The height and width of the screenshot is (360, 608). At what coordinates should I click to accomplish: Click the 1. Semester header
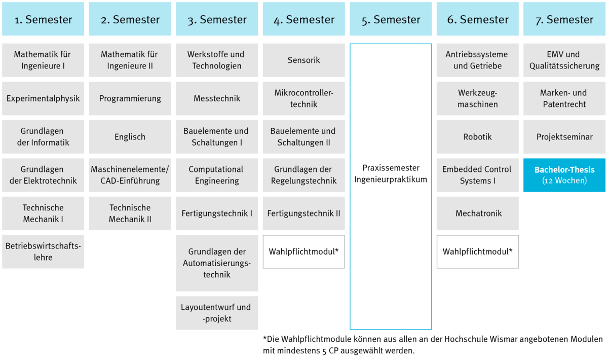point(43,19)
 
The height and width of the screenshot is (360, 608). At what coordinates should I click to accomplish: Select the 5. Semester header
point(391,19)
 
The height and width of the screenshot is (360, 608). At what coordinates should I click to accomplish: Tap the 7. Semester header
point(564,19)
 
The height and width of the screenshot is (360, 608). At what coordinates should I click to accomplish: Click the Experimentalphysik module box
point(43,98)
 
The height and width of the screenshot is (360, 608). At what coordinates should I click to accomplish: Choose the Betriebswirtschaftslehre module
point(43,251)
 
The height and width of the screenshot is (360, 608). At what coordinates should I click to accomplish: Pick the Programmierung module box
point(130,98)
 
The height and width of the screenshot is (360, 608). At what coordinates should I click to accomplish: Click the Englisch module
point(130,137)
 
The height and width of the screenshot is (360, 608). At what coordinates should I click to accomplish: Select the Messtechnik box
point(217,98)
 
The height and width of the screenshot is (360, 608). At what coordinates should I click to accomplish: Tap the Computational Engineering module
point(217,175)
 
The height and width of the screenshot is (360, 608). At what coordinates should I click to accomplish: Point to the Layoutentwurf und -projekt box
point(217,313)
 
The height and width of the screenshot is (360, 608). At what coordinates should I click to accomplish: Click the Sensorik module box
point(303,60)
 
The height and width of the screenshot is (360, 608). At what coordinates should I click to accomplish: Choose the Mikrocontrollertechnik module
point(303,98)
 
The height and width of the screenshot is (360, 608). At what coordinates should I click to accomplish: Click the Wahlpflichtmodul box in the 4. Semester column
point(303,251)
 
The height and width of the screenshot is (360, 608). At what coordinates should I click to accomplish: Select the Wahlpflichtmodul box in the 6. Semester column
point(477,251)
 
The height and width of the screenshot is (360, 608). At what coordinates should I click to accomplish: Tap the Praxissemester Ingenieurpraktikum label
point(391,173)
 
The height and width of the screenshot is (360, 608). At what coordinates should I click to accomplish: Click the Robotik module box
point(477,137)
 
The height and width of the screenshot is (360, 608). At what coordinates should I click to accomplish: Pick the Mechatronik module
point(477,213)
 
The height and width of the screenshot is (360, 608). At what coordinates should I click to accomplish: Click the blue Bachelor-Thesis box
point(564,175)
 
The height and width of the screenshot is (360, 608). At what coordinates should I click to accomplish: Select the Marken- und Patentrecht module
point(564,98)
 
